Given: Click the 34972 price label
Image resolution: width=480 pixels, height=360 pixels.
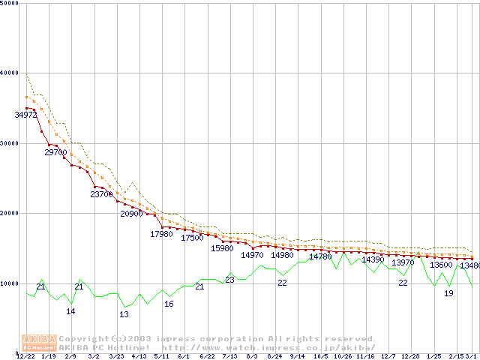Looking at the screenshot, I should coord(25,115).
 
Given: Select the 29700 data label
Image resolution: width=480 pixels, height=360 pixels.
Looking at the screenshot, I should coord(56,152).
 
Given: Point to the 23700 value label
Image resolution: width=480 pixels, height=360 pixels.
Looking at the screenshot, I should coord(101,194).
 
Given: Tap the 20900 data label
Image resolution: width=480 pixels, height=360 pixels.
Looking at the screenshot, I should coord(132,214).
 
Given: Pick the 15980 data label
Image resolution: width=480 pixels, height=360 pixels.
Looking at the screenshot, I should coord(222,248).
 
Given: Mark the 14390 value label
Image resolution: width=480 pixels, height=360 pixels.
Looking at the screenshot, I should coord(373,259).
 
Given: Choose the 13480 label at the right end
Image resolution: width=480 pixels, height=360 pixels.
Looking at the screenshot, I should coord(469,265).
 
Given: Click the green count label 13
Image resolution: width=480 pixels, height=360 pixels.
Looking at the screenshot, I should coord(124,314).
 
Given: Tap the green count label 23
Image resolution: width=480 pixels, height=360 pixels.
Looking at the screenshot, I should coord(229,280).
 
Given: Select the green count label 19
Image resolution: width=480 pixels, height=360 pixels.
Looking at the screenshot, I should coord(448,293).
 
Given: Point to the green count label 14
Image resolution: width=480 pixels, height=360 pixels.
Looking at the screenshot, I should coord(70,311).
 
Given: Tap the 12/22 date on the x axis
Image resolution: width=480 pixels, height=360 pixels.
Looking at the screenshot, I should coord(25,356).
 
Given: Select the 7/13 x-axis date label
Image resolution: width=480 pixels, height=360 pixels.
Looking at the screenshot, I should coord(229,356).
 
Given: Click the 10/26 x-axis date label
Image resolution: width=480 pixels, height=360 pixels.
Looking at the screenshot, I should coord(343,356).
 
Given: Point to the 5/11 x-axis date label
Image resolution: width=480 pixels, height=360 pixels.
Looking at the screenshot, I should coord(161,356).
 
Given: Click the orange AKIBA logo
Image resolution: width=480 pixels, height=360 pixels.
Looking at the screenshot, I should coord(40,342).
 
